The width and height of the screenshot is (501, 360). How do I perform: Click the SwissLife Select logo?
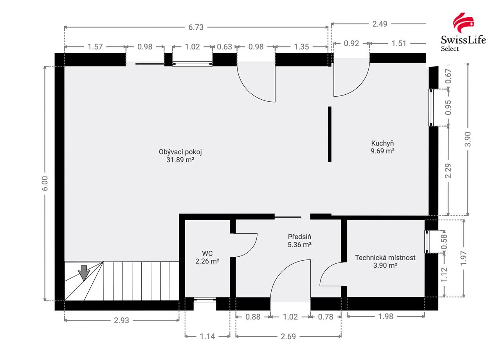tap(463, 32)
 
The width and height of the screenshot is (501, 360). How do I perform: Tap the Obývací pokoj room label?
tap(180, 152)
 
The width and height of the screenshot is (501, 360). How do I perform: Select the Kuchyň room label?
tap(382, 143)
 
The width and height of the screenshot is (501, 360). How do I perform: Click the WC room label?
tap(207, 253)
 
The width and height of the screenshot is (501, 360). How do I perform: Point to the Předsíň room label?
tap(299, 237)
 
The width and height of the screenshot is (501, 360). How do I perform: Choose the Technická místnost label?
tap(385, 257)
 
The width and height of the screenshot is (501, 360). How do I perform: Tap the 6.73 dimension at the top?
tap(196, 27)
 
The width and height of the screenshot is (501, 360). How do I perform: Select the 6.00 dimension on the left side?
tap(45, 184)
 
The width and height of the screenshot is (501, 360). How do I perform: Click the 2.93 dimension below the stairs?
tap(121, 320)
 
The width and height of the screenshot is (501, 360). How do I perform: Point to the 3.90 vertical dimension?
tap(468, 139)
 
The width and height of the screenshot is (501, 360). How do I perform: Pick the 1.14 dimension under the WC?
tap(207, 336)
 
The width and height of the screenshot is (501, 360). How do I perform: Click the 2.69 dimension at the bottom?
tap(288, 336)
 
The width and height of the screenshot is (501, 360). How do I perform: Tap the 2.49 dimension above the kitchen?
tap(380, 24)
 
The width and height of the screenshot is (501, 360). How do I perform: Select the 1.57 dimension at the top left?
tap(95, 47)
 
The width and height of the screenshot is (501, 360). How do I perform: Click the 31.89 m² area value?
tap(180, 160)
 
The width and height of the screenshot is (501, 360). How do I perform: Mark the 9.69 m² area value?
tap(382, 151)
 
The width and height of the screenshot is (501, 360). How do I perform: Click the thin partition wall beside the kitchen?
tap(330, 134)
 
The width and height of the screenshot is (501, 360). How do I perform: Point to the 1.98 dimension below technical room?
tap(386, 317)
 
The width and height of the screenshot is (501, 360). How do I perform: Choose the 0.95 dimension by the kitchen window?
tap(449, 108)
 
